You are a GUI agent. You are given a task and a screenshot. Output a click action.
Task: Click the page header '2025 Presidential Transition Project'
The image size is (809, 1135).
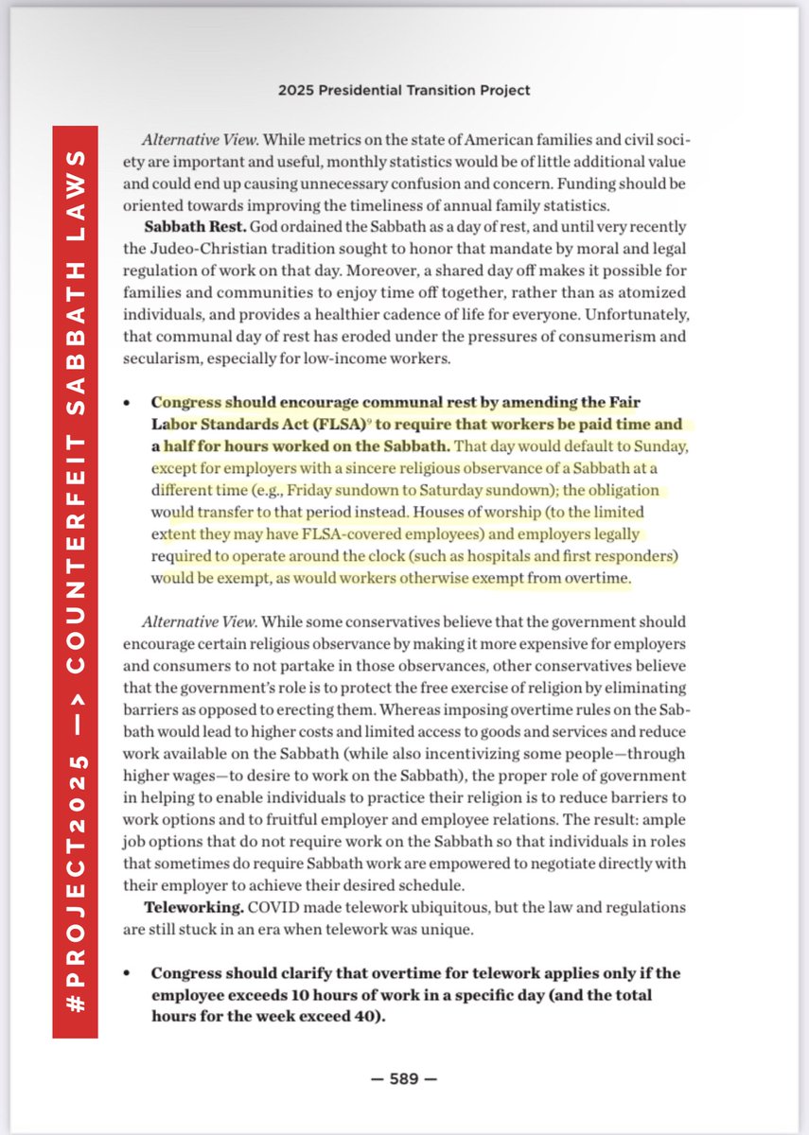404,91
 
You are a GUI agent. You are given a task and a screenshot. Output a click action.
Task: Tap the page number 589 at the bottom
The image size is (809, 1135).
405,1078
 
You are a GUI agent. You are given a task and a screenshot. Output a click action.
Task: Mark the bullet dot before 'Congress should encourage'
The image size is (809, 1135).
128,402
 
